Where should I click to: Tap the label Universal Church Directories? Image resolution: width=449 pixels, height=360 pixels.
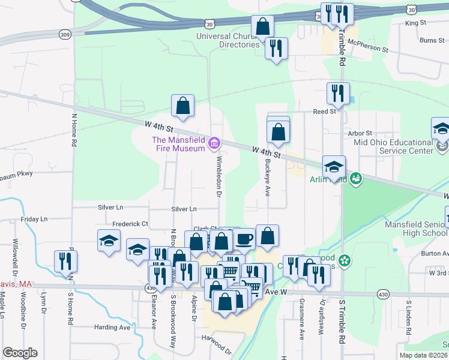[231, 40]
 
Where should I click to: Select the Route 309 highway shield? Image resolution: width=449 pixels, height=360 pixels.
[64, 34]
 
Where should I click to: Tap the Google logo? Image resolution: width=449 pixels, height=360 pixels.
[20, 353]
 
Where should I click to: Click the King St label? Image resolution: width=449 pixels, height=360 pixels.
[415, 23]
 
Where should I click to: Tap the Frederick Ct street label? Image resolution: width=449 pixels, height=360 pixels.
[130, 224]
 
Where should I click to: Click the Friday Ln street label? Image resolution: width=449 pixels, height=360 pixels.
[34, 220]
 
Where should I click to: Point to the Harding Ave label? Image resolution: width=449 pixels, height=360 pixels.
[112, 328]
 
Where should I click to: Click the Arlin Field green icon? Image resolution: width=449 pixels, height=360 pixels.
[355, 178]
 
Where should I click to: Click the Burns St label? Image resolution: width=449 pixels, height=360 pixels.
[432, 40]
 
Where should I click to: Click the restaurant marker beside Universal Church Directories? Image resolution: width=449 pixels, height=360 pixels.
[276, 49]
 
